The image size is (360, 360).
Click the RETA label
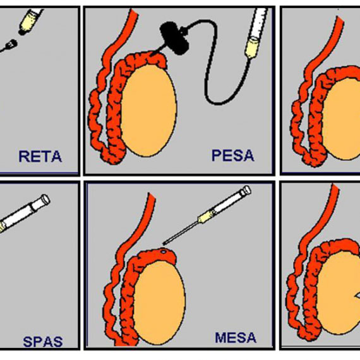40,157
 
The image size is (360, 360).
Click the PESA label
233,155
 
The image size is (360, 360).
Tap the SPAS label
43,342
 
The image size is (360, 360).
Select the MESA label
236,337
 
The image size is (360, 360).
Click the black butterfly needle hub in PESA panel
174,38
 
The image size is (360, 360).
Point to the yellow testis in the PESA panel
149,111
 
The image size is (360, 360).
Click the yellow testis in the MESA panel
159,303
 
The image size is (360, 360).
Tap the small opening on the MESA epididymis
163,251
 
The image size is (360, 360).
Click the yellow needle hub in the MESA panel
205,216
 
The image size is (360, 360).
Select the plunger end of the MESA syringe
246,190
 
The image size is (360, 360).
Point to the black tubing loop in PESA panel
215,69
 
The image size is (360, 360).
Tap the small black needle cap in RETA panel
11,44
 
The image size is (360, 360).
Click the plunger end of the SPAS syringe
45,200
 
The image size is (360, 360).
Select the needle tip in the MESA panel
164,244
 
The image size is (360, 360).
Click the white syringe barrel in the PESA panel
260,23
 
